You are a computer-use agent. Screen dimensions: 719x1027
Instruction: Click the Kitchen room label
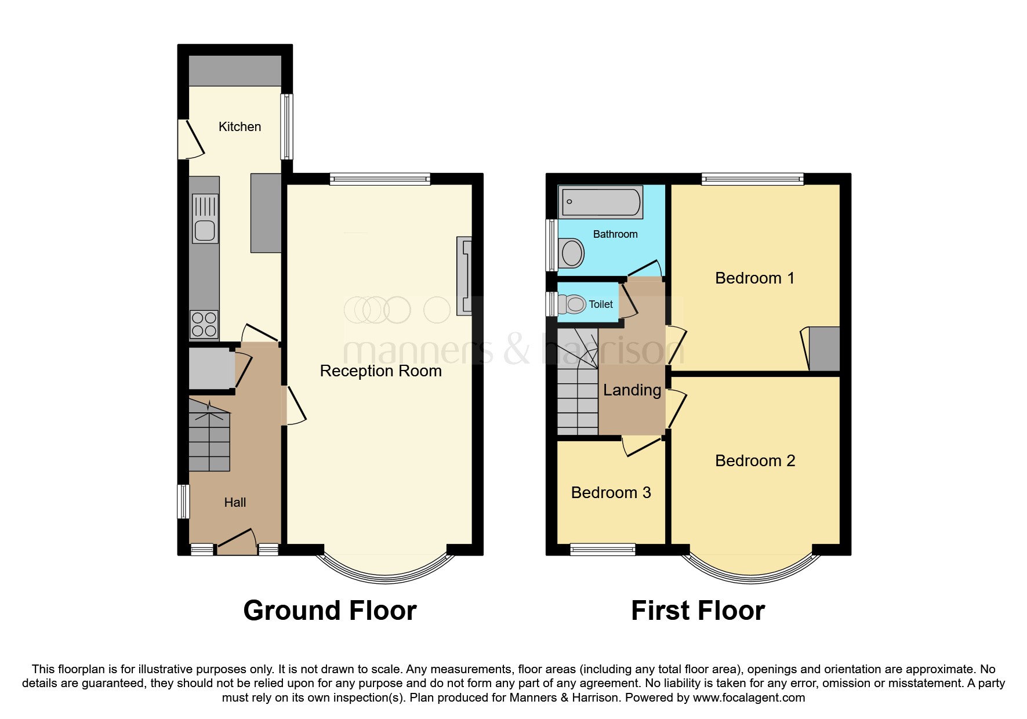point(239,126)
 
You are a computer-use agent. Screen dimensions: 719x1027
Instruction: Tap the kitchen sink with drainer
point(205,219)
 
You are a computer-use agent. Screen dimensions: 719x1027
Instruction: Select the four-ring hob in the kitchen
point(204,325)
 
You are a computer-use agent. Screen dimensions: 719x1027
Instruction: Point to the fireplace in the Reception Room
point(464,276)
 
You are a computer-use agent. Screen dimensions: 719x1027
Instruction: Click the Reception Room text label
point(380,371)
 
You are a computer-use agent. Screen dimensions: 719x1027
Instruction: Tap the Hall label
point(235,503)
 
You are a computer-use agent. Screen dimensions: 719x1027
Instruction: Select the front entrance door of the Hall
point(237,543)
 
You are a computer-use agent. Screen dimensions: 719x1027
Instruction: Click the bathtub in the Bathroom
point(601,202)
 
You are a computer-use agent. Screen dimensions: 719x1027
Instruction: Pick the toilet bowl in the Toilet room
point(574,304)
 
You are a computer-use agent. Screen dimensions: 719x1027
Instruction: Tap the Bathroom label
point(615,234)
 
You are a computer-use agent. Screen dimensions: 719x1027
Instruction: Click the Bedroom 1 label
point(754,278)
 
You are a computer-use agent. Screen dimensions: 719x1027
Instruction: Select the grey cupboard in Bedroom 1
point(824,349)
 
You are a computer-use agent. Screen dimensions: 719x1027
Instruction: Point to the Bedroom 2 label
point(755,461)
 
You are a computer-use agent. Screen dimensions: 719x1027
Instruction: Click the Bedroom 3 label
point(611,493)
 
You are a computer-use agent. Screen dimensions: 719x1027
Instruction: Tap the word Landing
point(632,390)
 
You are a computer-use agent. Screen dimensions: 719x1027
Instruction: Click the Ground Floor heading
point(330,611)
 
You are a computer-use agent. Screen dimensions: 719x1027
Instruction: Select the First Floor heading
point(698,611)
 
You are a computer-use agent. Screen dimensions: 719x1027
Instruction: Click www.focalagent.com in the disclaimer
point(749,698)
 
